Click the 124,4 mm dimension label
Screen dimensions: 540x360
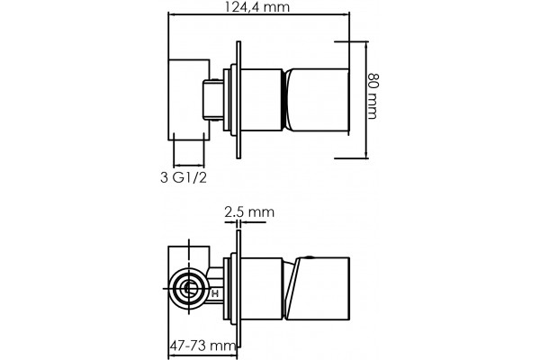[256, 6]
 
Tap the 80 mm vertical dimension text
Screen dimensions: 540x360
[373, 95]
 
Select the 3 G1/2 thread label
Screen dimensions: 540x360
[184, 177]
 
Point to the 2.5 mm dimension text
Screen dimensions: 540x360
[249, 211]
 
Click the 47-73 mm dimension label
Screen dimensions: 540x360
[203, 345]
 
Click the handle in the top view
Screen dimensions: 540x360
[318, 100]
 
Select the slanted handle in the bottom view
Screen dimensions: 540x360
[317, 289]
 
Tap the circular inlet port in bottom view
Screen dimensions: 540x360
[188, 288]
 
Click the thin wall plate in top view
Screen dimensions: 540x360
[238, 100]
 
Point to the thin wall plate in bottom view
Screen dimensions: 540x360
[238, 289]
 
